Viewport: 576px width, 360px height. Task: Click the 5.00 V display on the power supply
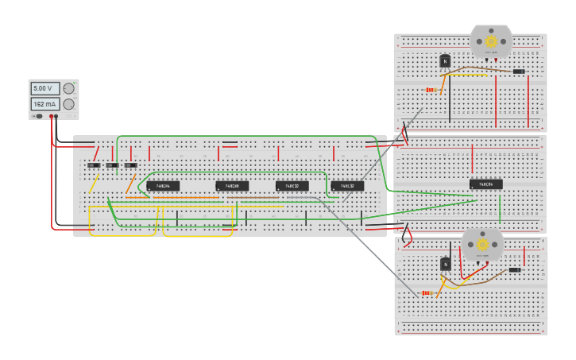coord(44,88)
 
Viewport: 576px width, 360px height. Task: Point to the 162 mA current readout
coord(44,104)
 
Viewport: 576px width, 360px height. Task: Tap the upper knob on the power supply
coord(69,88)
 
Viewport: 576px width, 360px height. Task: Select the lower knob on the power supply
coord(69,104)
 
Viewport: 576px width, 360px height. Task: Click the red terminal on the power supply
coord(51,116)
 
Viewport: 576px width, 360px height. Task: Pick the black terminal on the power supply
coord(56,116)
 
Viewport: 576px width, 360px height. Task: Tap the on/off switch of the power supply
coord(37,116)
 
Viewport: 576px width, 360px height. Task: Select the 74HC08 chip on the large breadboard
coord(232,186)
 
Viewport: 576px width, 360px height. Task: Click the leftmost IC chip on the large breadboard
coord(163,186)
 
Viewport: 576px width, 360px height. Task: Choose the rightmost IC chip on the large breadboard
coord(347,186)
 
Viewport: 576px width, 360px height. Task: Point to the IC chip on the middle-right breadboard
coord(485,184)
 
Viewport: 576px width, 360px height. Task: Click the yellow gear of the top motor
coord(491,41)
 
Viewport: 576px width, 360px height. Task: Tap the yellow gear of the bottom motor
coord(482,245)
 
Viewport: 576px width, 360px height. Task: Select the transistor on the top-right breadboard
coord(445,60)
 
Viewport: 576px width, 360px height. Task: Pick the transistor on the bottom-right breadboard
coord(445,264)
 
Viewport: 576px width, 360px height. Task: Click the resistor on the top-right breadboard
coord(431,90)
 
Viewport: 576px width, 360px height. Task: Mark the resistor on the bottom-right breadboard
coord(427,293)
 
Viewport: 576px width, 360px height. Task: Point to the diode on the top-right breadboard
coord(518,72)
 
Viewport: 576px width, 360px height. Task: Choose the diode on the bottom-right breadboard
coord(514,270)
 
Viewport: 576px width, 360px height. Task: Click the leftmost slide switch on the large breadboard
coord(94,165)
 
